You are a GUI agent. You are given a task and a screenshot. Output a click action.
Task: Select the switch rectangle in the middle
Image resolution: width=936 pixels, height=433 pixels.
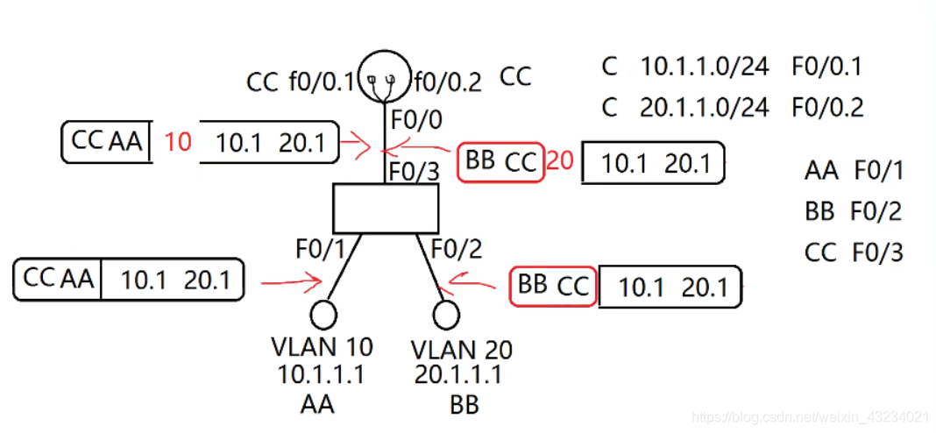(386, 208)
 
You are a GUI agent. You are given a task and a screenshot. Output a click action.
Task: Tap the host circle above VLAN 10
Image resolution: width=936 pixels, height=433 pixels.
(324, 313)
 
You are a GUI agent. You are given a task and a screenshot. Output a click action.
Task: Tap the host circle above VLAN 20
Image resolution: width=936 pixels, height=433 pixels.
(446, 313)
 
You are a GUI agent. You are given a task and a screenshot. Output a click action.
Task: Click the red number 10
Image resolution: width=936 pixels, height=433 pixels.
(177, 141)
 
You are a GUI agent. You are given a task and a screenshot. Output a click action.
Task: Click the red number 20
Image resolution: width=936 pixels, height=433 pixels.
(561, 161)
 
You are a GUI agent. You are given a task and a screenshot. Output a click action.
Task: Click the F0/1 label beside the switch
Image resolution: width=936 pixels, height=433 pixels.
(320, 251)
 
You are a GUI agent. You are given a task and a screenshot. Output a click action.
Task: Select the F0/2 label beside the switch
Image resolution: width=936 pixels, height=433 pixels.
(456, 251)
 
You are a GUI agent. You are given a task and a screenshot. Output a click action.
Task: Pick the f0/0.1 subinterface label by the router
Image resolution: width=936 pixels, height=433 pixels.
(321, 82)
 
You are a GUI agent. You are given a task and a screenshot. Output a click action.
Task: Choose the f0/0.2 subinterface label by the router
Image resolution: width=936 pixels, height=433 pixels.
(448, 82)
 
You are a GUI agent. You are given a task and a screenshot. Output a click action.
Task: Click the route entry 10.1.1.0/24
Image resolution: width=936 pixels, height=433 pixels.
(705, 67)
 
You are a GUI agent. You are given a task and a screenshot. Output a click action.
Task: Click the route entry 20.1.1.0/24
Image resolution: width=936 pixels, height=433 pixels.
(705, 108)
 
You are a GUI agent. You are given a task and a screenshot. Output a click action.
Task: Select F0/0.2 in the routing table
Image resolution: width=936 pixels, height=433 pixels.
(828, 108)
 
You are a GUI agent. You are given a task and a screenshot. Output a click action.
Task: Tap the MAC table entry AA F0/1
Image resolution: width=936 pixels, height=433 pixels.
(853, 170)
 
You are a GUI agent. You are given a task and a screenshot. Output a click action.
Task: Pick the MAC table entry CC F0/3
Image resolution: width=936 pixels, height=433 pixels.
(853, 253)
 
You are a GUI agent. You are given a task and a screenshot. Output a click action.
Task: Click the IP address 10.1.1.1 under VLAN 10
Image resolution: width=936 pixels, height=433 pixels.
(321, 375)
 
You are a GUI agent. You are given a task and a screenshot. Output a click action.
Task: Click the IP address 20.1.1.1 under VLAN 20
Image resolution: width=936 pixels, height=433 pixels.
(458, 376)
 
